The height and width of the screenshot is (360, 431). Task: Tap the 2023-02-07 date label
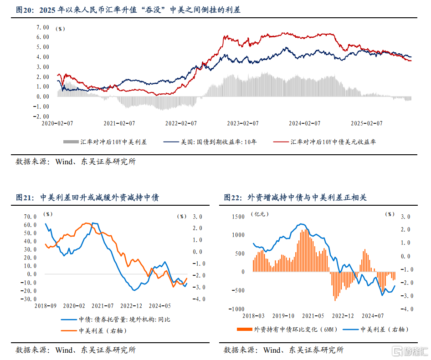(x=242, y=123)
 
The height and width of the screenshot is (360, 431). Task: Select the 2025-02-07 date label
(x=367, y=123)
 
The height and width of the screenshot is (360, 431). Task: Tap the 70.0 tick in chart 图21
(x=30, y=217)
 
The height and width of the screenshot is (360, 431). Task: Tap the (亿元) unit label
(x=262, y=213)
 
